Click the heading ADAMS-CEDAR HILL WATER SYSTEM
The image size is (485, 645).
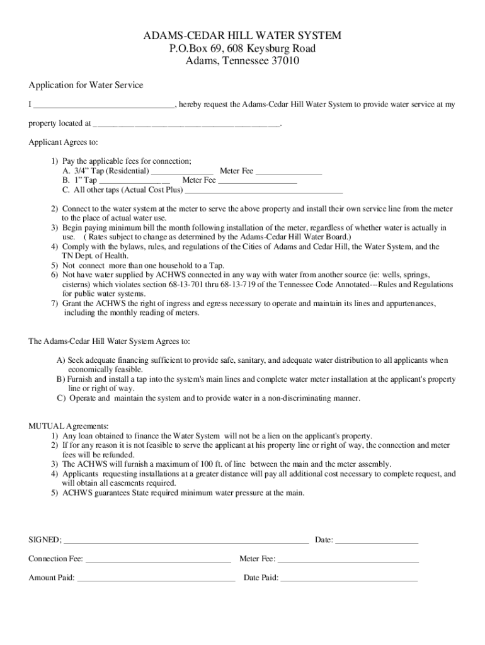[x=243, y=35]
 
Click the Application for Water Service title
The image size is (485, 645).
[x=86, y=85]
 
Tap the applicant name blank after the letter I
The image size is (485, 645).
[x=104, y=105]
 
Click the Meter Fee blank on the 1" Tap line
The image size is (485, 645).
[x=258, y=180]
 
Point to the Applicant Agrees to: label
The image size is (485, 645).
[x=63, y=142]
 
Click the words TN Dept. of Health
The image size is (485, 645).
[x=95, y=256]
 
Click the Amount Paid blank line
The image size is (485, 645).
[x=156, y=578]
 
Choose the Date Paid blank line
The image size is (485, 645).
[x=349, y=578]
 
